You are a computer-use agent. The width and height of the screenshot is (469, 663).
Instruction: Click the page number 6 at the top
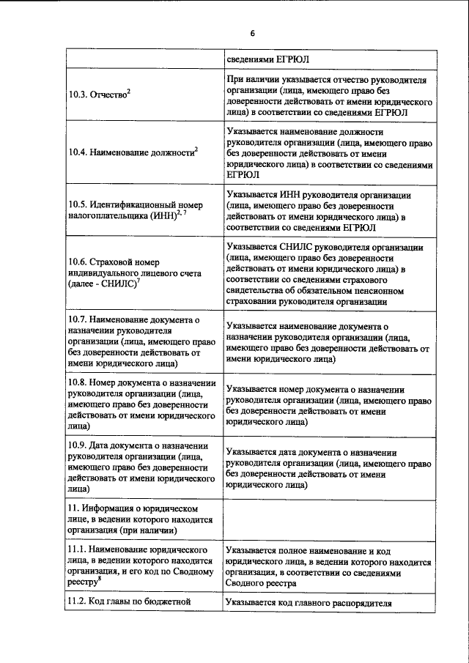pos(252,34)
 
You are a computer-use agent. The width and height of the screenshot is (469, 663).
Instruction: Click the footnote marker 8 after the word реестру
pos(100,579)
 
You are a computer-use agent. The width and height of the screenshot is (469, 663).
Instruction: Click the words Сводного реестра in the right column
pos(262,584)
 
